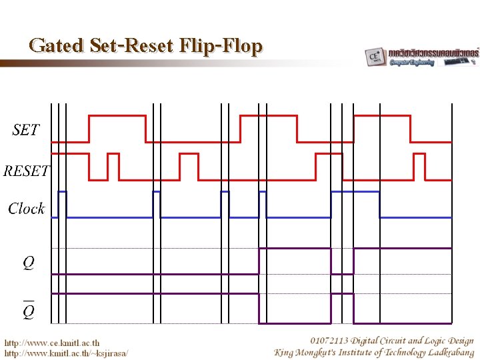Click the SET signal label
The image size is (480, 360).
coord(26,130)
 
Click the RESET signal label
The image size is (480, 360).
coord(25,171)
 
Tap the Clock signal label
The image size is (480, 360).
coord(26,209)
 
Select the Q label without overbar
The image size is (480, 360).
coord(29,264)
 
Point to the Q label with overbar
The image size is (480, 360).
coord(29,311)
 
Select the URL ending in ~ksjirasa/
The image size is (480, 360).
coord(66,353)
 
